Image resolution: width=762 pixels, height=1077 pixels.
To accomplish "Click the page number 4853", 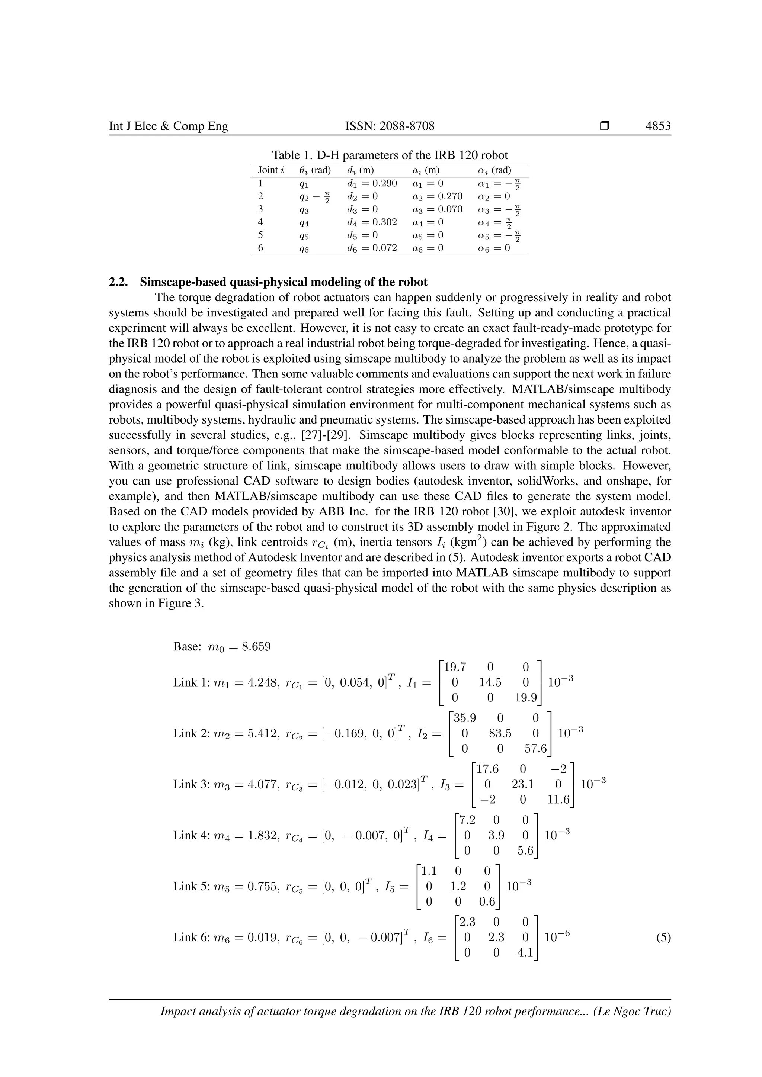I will point(658,126).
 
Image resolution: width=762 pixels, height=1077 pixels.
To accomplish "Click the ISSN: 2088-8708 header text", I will point(390,126).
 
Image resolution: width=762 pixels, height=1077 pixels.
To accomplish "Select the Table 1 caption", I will point(390,155).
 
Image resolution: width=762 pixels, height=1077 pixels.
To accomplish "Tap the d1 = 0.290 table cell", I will point(372,183).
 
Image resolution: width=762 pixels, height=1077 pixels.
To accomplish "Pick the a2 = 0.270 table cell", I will point(437,196).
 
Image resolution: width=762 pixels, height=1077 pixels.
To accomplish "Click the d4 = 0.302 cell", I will point(372,222).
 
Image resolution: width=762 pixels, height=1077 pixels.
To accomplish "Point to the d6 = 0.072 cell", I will point(372,248).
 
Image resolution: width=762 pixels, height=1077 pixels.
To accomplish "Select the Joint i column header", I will point(271,170).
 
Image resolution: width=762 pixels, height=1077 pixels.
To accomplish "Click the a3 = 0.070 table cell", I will point(437,209).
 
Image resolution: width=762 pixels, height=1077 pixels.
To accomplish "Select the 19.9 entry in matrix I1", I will point(525,698).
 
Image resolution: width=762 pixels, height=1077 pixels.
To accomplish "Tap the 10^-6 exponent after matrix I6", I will point(557,937).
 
